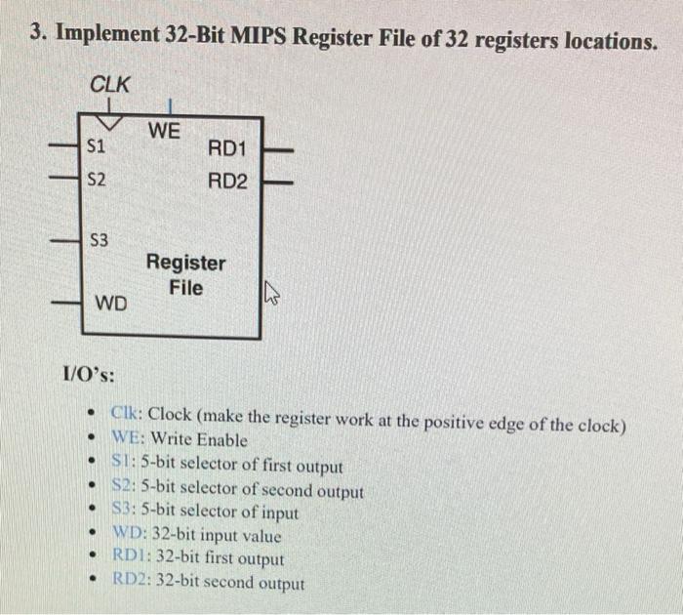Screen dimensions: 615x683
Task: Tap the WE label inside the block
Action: [x=164, y=130]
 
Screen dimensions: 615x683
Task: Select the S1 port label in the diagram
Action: [x=97, y=147]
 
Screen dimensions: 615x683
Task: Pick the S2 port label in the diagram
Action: [x=97, y=181]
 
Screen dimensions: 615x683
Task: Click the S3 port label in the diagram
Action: [x=100, y=239]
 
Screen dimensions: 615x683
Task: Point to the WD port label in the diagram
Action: [x=110, y=304]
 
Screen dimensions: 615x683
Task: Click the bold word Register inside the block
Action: [x=185, y=263]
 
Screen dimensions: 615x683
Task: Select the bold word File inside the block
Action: [x=185, y=287]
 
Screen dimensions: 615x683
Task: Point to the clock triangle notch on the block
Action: [x=110, y=122]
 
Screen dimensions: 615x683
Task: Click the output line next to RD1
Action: [x=278, y=149]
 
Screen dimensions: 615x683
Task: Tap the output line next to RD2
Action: [x=278, y=182]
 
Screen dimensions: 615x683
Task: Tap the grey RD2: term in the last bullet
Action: [x=132, y=583]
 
